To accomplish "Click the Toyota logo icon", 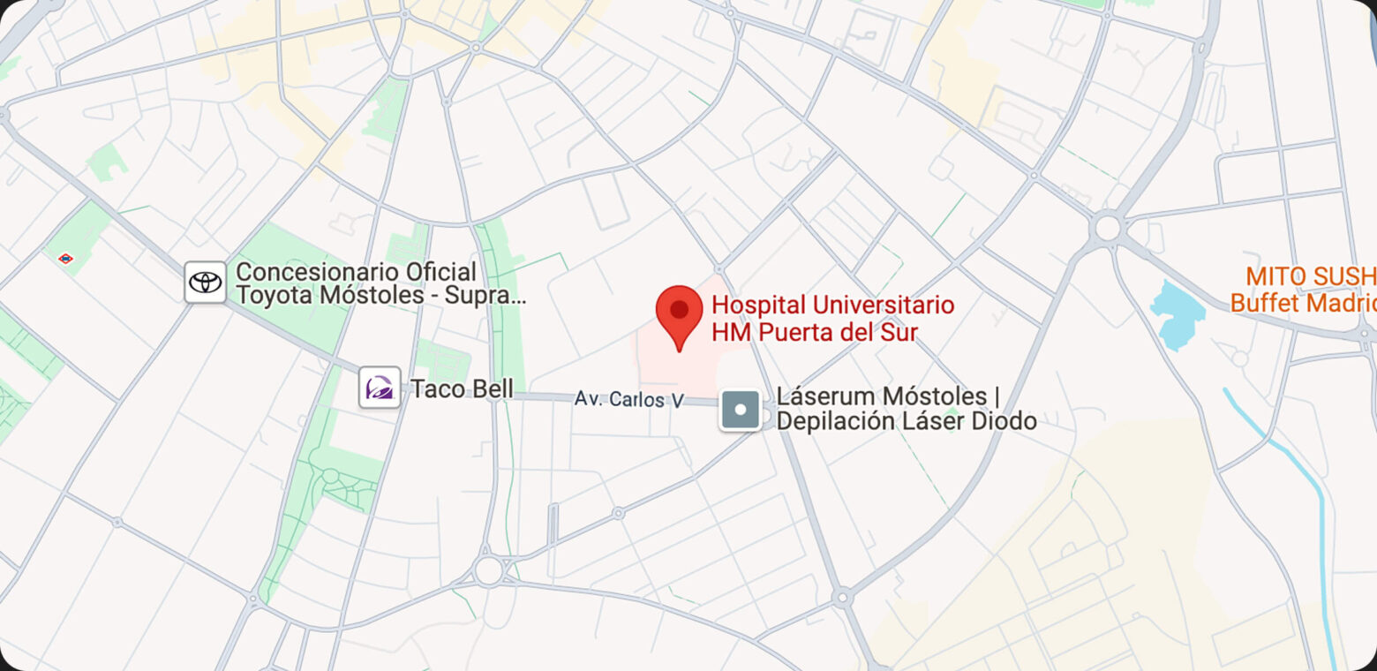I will (205, 283).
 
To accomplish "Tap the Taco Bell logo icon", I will (380, 388).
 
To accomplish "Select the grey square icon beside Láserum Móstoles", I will (741, 410).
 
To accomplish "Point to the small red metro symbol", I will (65, 259).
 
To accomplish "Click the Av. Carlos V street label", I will (628, 399).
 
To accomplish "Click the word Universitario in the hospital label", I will (884, 305).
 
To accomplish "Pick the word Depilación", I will (834, 422).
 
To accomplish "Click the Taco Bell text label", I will (462, 388).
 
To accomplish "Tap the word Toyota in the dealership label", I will (275, 296).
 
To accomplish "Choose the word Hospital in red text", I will (757, 305).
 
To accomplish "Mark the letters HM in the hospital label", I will (729, 333).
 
